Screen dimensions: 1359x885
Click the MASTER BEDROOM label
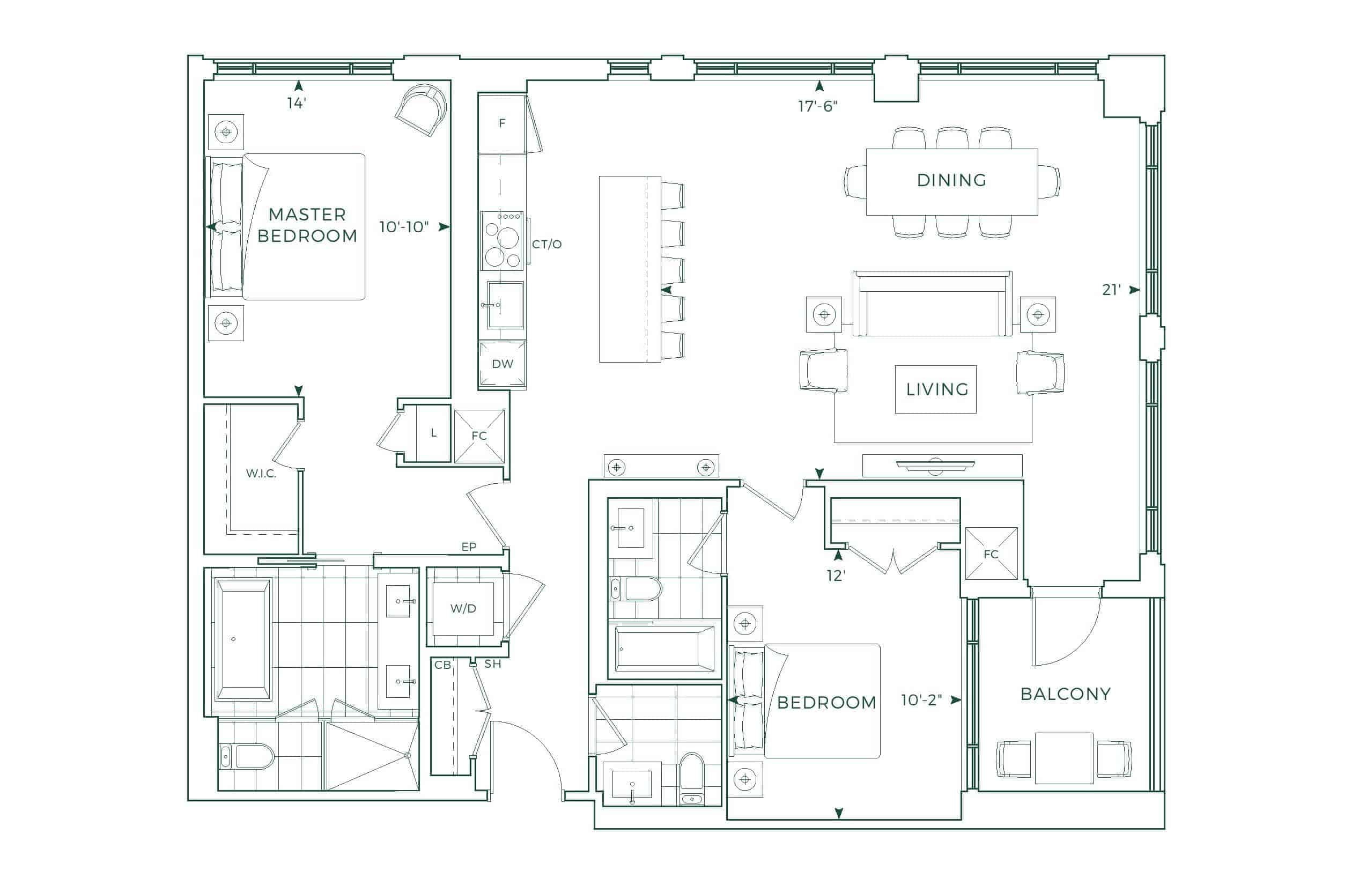tap(307, 225)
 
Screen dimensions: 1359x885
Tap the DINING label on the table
tap(951, 180)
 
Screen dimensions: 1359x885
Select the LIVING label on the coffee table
tap(937, 389)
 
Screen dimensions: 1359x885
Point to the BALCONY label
tap(1066, 694)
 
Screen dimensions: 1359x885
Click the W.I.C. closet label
tap(261, 473)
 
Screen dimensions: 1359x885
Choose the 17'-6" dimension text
tap(818, 106)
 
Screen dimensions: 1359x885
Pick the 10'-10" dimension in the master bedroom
tap(404, 227)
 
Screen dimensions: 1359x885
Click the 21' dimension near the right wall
tap(1111, 290)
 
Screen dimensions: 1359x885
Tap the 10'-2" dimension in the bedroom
tap(921, 700)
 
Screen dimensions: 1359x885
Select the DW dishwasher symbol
tap(502, 364)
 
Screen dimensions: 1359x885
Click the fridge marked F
tap(502, 123)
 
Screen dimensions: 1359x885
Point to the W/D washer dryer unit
tap(463, 609)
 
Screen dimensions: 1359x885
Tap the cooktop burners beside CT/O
tap(503, 240)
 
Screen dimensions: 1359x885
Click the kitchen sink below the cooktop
tap(505, 305)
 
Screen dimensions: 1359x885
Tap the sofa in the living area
tap(932, 304)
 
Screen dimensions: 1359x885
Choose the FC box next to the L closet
tap(479, 436)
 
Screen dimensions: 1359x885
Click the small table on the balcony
tap(1065, 758)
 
